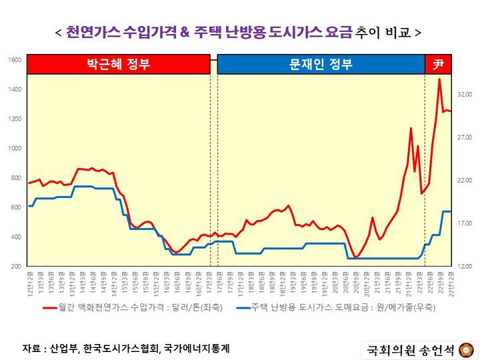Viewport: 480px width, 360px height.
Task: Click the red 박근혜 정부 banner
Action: pyautogui.click(x=119, y=65)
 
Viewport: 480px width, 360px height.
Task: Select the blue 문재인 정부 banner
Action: pyautogui.click(x=321, y=65)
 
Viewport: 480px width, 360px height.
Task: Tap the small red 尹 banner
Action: pyautogui.click(x=438, y=65)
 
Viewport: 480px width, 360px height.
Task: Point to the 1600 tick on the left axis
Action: pyautogui.click(x=15, y=60)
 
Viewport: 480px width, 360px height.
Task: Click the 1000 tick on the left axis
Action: pyautogui.click(x=15, y=149)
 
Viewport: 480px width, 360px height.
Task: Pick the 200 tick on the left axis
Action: pyautogui.click(x=15, y=267)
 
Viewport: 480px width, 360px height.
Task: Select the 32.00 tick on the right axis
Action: pyautogui.click(x=464, y=95)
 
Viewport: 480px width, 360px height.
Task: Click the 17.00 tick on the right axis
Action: pyautogui.click(x=464, y=223)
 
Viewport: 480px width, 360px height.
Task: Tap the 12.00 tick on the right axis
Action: pyautogui.click(x=464, y=267)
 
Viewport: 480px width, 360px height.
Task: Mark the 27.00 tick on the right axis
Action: pyautogui.click(x=464, y=138)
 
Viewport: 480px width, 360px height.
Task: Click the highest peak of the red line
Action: pyautogui.click(x=439, y=79)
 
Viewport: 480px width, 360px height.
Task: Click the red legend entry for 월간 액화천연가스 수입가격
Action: pyautogui.click(x=133, y=307)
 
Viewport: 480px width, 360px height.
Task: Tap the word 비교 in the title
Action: pyautogui.click(x=397, y=31)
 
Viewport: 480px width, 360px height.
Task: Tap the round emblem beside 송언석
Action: pyautogui.click(x=465, y=349)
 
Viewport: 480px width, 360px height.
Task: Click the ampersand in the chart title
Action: pyautogui.click(x=185, y=31)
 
